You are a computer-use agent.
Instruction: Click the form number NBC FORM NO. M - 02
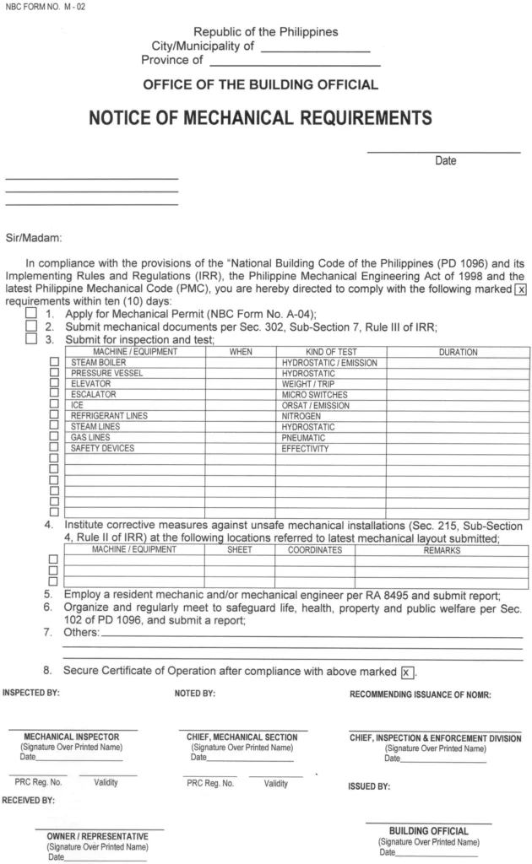tap(45, 7)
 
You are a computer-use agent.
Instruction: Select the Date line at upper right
tap(443, 152)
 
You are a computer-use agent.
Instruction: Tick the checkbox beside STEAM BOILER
tap(55, 363)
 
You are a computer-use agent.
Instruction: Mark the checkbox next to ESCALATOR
tap(55, 395)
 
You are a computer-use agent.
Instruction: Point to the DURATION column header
tap(458, 352)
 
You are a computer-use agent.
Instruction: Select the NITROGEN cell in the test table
tap(301, 416)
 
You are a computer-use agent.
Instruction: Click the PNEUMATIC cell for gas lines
tap(304, 438)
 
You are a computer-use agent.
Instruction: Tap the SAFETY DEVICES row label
tap(102, 449)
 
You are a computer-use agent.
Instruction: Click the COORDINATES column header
tap(314, 550)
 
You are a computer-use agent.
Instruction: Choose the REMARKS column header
tap(442, 550)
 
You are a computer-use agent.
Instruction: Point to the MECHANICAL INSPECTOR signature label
tap(73, 737)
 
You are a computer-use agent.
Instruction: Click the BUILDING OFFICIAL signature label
tap(429, 831)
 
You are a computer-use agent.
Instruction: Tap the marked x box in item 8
tap(408, 672)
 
